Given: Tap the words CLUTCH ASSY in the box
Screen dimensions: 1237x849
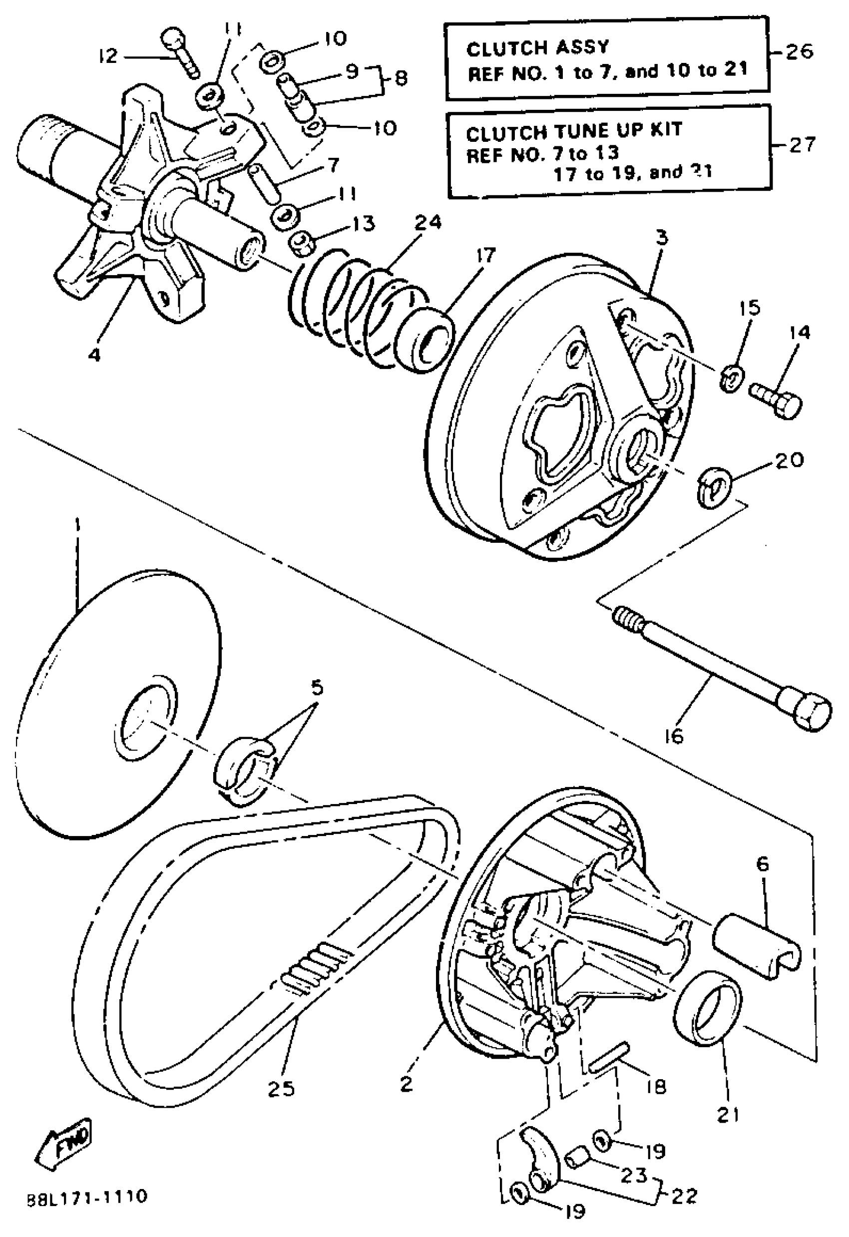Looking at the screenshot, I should point(537,48).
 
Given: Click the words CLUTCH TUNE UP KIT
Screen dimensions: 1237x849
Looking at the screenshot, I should point(573,131).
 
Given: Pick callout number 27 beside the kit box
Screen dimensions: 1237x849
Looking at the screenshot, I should point(802,145).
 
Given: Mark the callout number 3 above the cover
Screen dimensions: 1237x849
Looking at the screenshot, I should point(662,237).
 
